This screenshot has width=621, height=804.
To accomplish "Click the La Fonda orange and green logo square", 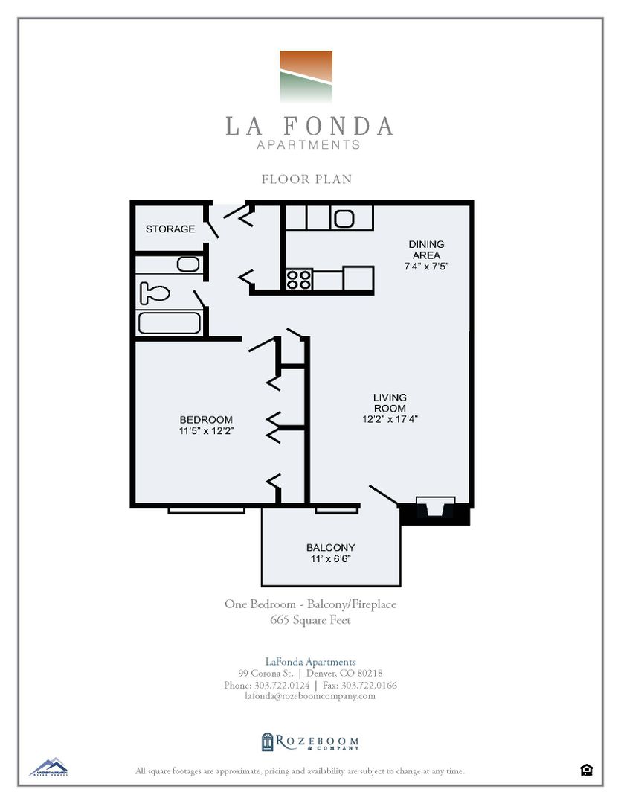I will click(x=306, y=77).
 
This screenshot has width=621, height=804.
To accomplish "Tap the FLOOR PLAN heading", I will click(x=306, y=179).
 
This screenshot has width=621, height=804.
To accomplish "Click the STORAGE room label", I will click(x=170, y=229).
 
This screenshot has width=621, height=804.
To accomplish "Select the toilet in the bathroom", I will click(x=155, y=293).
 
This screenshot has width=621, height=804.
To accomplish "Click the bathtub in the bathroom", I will click(x=169, y=323).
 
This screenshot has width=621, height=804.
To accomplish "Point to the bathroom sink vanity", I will click(x=187, y=264).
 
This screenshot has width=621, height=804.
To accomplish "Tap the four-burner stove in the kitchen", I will click(x=299, y=280).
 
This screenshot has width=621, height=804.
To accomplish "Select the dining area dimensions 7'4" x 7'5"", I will click(x=427, y=265).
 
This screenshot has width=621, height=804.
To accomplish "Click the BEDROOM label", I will click(x=206, y=419).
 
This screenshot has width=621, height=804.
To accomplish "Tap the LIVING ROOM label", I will click(x=390, y=403).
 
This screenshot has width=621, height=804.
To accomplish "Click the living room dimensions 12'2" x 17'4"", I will click(x=390, y=419).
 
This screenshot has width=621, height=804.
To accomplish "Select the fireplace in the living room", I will click(x=435, y=510).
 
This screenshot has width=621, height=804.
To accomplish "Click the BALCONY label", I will click(x=330, y=548).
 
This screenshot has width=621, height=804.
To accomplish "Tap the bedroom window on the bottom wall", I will click(x=206, y=510).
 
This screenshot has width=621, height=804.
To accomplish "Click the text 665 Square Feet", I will click(x=310, y=619).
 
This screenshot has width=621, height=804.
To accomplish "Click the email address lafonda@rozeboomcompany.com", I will click(x=310, y=696).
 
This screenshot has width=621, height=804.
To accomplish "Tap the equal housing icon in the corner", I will click(x=586, y=770).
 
